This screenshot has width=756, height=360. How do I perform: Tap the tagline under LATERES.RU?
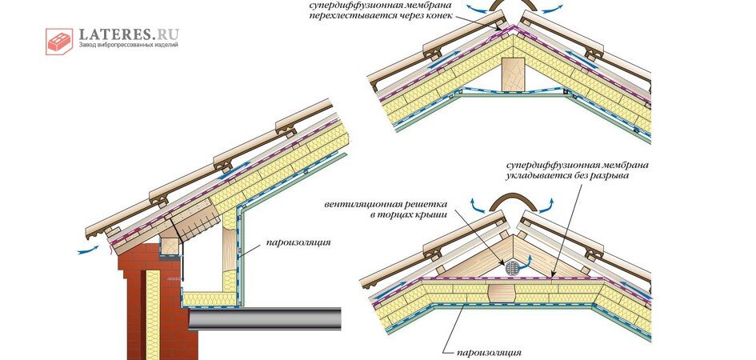tap(128, 46)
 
